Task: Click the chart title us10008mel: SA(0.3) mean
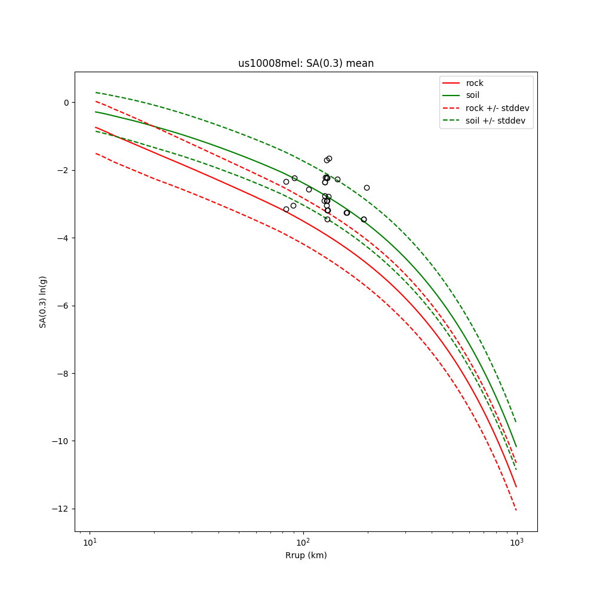[x=306, y=63]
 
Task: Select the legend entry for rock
[x=475, y=83]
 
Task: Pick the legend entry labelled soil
[x=472, y=95]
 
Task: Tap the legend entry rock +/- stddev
[x=497, y=108]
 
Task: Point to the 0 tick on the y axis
[x=66, y=103]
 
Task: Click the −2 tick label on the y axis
[x=63, y=170]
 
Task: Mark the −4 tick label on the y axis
[x=63, y=238]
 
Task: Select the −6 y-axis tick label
[x=63, y=306]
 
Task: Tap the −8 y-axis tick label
[x=63, y=374]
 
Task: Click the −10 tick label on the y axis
[x=61, y=441]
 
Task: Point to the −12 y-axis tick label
[x=61, y=509]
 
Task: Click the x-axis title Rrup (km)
[x=306, y=555]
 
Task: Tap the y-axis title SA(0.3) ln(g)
[x=43, y=301]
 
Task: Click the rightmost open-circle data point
[x=367, y=187]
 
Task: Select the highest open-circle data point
[x=329, y=158]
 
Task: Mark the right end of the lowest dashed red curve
[x=516, y=510]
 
